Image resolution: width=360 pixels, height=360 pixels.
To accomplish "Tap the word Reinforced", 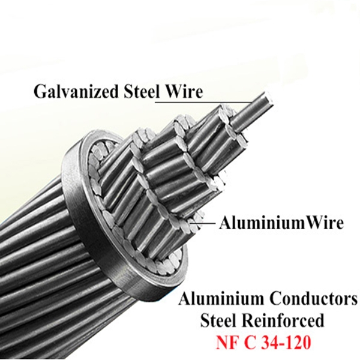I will [290, 319].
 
